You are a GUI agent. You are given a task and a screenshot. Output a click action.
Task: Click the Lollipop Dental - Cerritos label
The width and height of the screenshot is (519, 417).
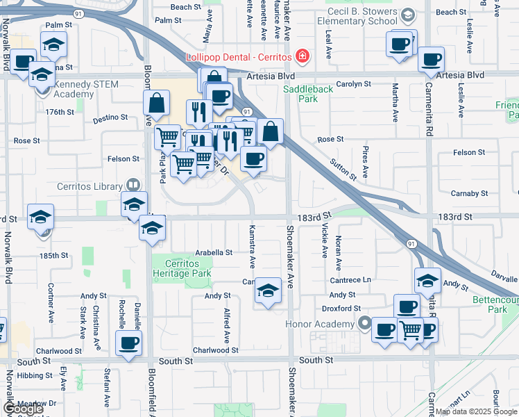[237, 56]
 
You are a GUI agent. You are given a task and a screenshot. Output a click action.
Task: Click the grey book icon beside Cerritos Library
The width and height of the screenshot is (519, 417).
[132, 186]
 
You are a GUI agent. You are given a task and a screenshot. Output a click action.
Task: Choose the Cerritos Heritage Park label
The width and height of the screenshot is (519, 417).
[182, 268]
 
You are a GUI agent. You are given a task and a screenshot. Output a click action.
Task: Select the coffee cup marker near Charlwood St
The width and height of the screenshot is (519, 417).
[128, 343]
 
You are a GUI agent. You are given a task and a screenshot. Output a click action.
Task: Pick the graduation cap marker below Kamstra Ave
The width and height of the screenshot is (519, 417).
[268, 291]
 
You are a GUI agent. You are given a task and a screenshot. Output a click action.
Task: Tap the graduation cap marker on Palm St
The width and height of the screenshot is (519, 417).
[53, 44]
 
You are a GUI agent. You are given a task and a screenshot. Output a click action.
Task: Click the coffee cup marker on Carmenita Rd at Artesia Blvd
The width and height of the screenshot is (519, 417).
[432, 60]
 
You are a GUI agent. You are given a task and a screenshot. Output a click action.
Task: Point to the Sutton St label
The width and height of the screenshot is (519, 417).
[343, 167]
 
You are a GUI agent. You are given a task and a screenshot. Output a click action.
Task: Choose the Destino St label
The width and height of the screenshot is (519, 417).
[111, 118]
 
